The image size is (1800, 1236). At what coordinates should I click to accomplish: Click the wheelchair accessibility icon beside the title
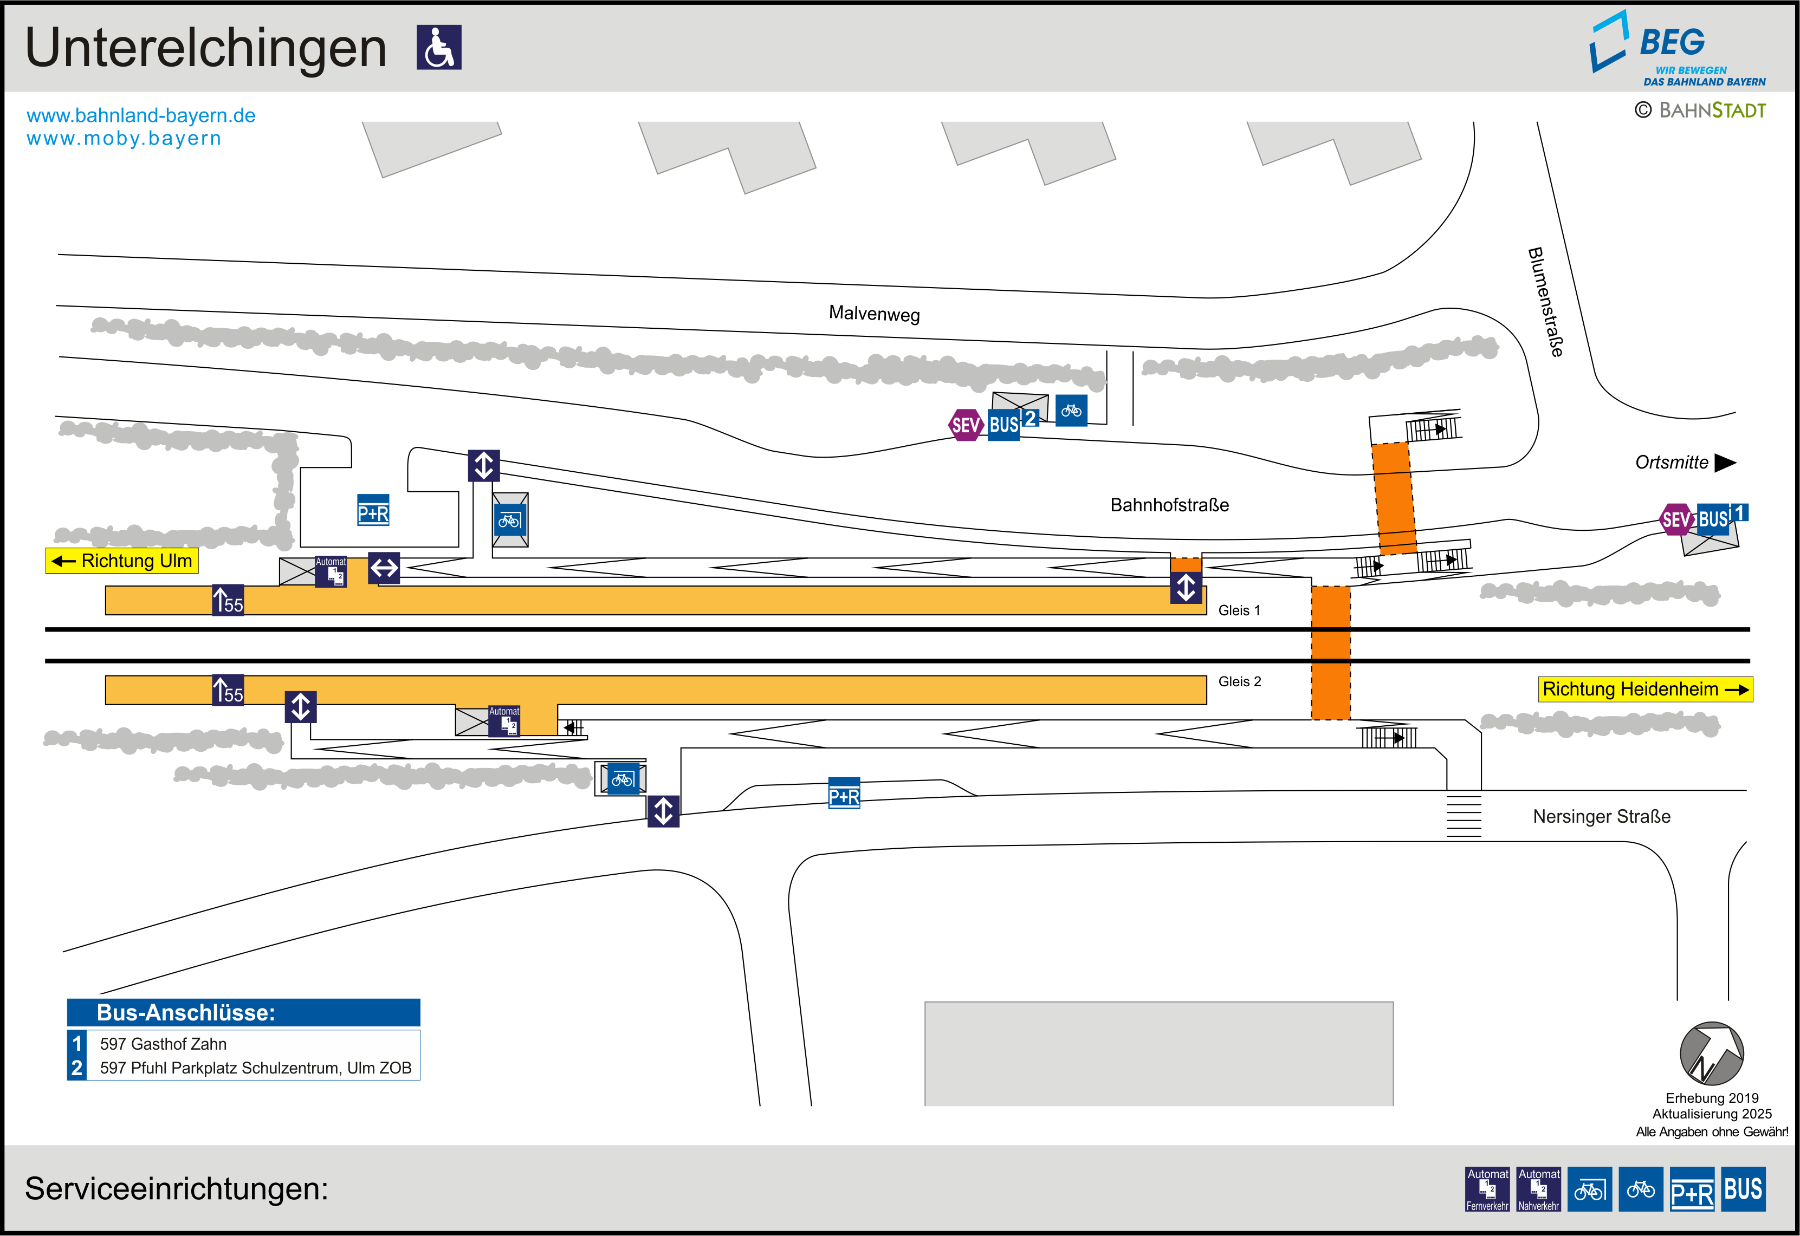tap(438, 47)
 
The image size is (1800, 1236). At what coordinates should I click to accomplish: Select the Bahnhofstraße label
tap(1169, 505)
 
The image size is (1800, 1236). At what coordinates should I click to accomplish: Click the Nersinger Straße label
tap(1601, 816)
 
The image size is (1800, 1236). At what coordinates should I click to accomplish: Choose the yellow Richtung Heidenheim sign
tap(1644, 689)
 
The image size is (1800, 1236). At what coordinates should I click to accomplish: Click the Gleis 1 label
tap(1239, 610)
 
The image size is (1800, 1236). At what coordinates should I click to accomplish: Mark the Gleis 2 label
tap(1239, 681)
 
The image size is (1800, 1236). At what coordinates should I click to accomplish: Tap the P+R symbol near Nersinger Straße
tap(844, 793)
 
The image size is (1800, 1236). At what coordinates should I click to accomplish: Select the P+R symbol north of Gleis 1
tap(373, 510)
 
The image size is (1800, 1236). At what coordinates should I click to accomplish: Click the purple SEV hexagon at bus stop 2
tap(965, 425)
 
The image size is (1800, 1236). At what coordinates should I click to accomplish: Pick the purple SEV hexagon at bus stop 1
tap(1676, 519)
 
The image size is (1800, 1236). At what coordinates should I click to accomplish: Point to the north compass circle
tap(1711, 1053)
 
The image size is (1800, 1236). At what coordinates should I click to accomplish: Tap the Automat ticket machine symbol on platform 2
tap(504, 721)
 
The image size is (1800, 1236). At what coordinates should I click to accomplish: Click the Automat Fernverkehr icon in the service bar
tap(1487, 1189)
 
